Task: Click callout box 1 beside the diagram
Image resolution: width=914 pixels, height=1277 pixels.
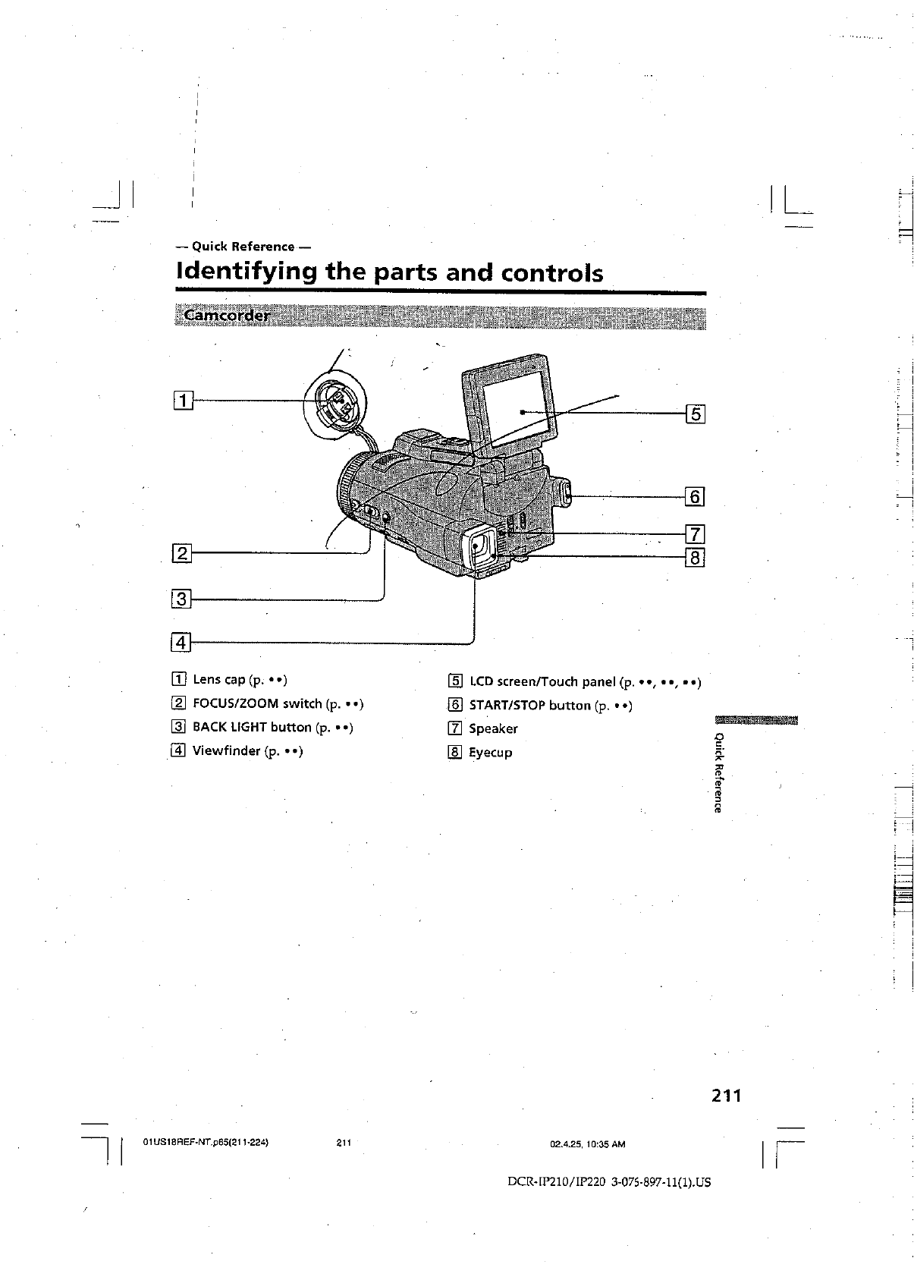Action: (x=183, y=398)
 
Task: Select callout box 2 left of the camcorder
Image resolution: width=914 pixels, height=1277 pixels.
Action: (x=183, y=553)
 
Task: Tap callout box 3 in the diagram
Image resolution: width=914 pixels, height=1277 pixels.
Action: (x=182, y=599)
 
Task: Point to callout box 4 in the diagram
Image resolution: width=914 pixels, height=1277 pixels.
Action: (x=181, y=643)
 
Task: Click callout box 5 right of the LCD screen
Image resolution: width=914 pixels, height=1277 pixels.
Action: (x=695, y=414)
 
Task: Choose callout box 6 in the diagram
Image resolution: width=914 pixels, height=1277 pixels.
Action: (x=695, y=497)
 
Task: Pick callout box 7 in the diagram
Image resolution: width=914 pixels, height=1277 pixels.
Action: (x=695, y=534)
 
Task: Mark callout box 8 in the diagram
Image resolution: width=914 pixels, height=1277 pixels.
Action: (x=695, y=558)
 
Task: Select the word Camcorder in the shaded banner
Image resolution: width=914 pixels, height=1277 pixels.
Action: (x=225, y=316)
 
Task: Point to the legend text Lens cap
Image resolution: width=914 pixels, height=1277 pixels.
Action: (x=218, y=679)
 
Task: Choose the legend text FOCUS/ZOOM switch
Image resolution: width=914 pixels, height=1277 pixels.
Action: (x=257, y=703)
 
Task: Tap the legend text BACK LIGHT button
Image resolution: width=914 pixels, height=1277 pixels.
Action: (x=252, y=727)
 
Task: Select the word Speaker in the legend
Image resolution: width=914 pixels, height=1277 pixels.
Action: (x=493, y=728)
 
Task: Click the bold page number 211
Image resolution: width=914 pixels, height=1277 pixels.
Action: (x=726, y=1096)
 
